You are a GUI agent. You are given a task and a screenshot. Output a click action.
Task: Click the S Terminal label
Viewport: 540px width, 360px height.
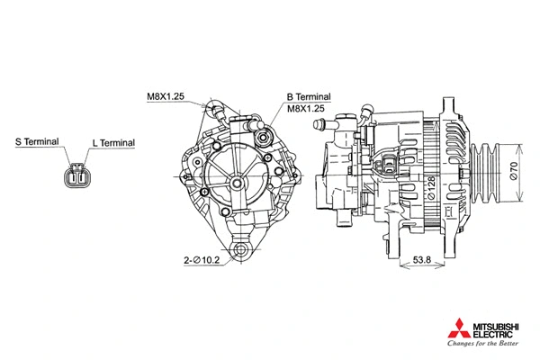pyautogui.click(x=37, y=142)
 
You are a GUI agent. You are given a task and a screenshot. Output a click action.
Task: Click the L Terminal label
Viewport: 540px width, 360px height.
pyautogui.click(x=112, y=143)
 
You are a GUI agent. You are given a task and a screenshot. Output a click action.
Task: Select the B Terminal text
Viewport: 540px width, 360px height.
pyautogui.click(x=309, y=96)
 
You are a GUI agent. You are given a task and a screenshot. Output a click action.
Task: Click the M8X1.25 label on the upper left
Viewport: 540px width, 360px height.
pyautogui.click(x=166, y=95)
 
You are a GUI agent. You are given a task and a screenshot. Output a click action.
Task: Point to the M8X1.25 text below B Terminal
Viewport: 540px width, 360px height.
pyautogui.click(x=306, y=108)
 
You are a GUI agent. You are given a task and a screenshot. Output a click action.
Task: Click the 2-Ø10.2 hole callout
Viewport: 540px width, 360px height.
pyautogui.click(x=202, y=260)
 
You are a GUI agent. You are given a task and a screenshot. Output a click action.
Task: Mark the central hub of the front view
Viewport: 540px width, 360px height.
pyautogui.click(x=237, y=182)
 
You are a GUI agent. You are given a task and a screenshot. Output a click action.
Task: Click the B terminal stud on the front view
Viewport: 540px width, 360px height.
pyautogui.click(x=264, y=138)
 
